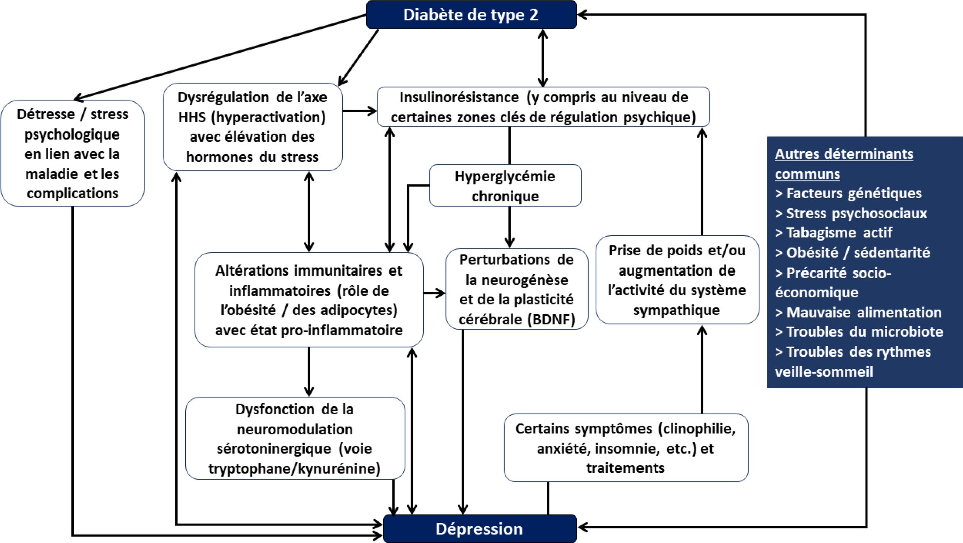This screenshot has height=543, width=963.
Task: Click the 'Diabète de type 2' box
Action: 471,15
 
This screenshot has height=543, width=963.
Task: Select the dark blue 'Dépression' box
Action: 479,529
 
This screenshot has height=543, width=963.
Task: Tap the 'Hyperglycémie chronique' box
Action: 505,186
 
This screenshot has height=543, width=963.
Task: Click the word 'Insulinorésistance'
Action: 459,97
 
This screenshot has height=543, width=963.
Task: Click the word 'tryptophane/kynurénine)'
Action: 294,469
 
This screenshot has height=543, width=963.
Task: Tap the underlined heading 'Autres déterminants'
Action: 844,154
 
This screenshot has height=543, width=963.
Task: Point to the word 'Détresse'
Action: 46,114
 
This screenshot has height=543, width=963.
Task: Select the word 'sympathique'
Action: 676,310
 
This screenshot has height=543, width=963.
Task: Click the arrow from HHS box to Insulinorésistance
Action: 359,111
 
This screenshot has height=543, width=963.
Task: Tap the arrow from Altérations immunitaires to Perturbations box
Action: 434,293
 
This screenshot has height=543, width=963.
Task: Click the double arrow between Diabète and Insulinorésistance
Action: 542,58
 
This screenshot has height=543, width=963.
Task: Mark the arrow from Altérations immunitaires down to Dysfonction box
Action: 309,372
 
